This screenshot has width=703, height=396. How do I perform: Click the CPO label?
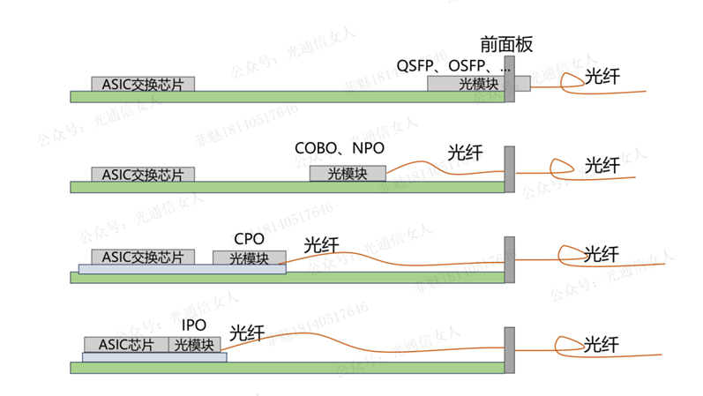[249, 239]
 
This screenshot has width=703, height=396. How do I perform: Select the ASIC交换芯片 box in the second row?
[143, 174]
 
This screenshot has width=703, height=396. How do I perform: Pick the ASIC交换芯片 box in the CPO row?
[143, 258]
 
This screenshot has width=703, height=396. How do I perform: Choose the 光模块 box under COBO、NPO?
[348, 174]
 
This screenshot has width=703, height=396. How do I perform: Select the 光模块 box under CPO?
[250, 258]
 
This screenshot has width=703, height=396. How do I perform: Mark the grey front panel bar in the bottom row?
[509, 345]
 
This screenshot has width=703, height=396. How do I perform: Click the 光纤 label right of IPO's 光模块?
[246, 333]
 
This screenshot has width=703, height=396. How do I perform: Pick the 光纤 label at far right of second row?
[602, 165]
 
